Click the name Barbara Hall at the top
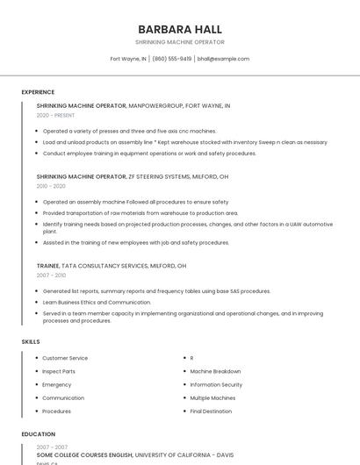179,29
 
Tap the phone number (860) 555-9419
172,59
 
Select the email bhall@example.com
223,59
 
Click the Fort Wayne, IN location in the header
128,59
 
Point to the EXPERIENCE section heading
38,92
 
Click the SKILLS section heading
31,341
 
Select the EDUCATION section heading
38,434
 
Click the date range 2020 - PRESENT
55,115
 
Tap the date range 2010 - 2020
51,186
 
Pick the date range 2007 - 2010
51,275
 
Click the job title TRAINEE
47,265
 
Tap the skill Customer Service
65,358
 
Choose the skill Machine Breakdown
215,371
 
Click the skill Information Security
216,384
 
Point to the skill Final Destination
211,411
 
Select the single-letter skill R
191,358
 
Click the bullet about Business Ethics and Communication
97,302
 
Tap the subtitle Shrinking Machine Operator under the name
179,42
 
